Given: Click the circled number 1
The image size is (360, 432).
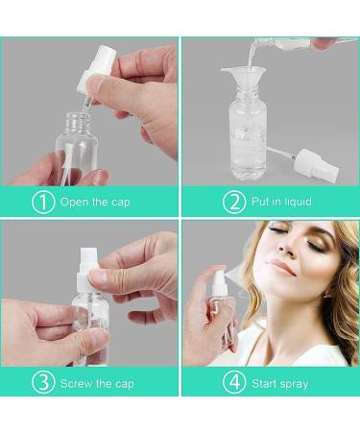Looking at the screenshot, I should click(x=43, y=202).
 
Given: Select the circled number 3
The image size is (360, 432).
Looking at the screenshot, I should click(x=43, y=382).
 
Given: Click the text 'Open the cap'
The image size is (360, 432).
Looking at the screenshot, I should click(x=95, y=202).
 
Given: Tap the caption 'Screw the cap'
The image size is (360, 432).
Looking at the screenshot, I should click(x=97, y=382).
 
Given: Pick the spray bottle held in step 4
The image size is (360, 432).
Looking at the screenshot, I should click(x=221, y=307).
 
